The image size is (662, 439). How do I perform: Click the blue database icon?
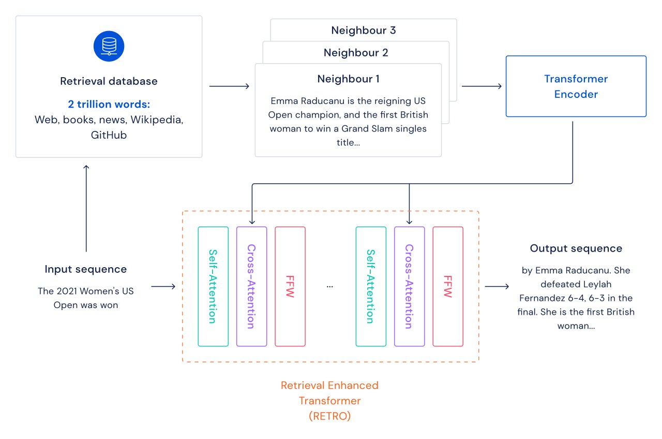109,46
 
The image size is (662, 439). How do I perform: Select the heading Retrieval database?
109,81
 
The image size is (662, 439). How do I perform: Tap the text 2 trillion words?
109,104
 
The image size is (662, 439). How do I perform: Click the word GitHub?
109,135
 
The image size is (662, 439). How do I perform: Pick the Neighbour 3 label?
364,30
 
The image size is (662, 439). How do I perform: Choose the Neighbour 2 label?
356,52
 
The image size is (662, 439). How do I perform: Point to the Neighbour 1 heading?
348,79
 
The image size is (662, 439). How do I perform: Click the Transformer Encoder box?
576,86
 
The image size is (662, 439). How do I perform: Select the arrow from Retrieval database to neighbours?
229,86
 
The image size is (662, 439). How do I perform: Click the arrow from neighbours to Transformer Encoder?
482,86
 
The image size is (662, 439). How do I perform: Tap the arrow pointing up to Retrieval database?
86,207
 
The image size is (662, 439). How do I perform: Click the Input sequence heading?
86,269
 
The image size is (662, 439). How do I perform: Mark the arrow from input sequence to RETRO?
163,286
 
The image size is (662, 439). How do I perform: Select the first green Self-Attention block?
213,286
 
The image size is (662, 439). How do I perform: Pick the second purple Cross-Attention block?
409,286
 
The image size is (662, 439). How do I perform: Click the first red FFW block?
290,286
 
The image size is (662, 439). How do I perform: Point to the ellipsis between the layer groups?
330,286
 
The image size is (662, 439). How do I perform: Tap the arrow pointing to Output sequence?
497,286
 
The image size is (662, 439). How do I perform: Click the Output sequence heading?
576,248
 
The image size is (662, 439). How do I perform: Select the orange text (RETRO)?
329,416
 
